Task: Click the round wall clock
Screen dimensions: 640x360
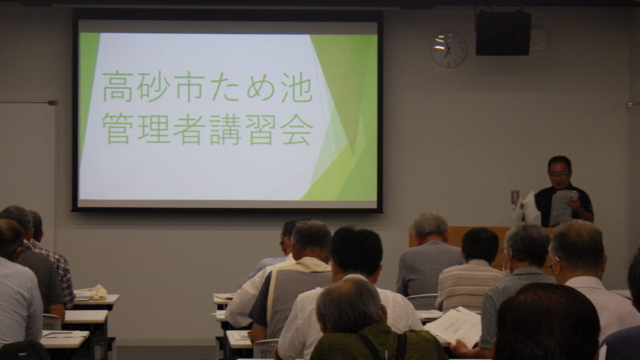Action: (449, 50)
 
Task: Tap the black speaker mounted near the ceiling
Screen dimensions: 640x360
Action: (503, 33)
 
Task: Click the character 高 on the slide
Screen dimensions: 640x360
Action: (117, 87)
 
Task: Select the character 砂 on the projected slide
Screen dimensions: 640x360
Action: (153, 87)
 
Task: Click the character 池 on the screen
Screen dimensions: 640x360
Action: (297, 87)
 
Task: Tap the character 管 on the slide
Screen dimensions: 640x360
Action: (117, 129)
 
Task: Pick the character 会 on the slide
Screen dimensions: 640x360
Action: (297, 129)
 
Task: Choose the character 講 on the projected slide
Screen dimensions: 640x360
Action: (225, 129)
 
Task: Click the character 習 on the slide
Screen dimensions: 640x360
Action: (261, 129)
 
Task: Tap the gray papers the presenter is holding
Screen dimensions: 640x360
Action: (562, 207)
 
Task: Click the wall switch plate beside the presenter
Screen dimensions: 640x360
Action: (515, 197)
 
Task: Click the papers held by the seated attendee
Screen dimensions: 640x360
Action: (454, 326)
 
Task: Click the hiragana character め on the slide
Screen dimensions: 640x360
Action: (261, 87)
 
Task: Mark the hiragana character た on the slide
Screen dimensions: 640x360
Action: (225, 87)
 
